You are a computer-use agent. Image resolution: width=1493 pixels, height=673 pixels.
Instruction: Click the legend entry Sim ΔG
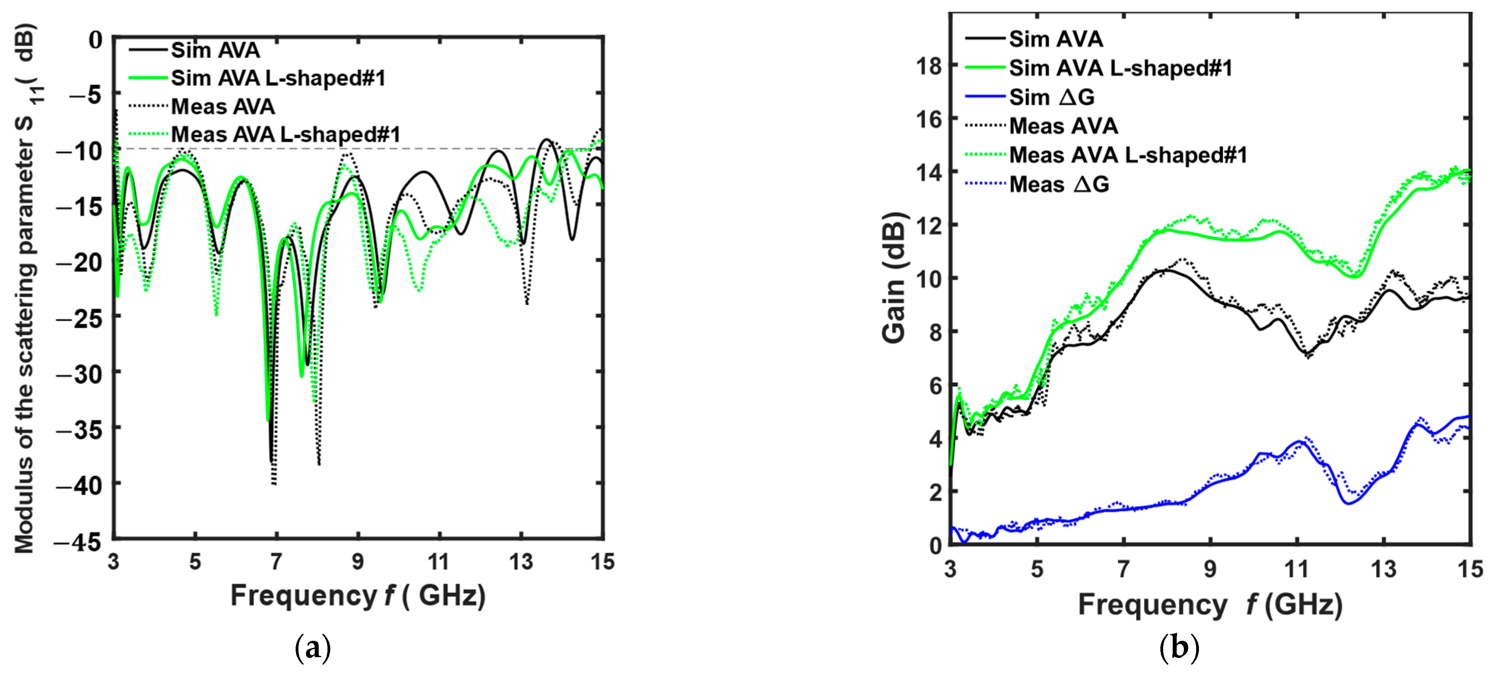(1051, 97)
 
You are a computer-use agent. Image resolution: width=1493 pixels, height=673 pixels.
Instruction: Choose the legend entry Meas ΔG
(1059, 184)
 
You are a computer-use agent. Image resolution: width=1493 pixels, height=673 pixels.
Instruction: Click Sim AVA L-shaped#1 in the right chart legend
(1120, 68)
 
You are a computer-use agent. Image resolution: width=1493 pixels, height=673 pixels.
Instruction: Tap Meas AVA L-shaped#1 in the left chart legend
(285, 135)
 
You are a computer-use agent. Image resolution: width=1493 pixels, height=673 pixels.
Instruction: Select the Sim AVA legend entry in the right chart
(1055, 39)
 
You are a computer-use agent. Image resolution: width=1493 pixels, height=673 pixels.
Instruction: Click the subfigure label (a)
(313, 648)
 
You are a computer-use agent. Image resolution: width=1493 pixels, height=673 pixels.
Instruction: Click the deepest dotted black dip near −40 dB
(273, 483)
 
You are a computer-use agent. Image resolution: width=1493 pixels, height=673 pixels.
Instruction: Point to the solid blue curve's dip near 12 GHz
(1348, 503)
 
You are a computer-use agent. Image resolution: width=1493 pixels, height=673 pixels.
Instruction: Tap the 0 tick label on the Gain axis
(935, 545)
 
